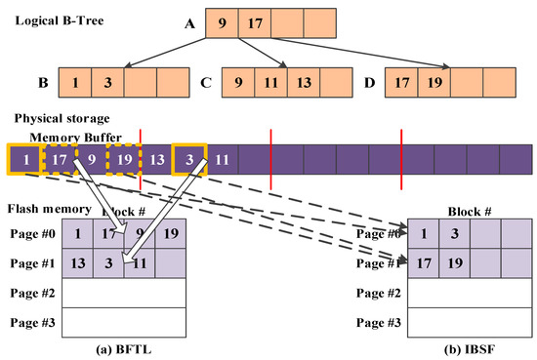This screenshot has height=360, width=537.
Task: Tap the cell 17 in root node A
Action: [255, 23]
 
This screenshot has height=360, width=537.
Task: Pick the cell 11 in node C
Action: [271, 83]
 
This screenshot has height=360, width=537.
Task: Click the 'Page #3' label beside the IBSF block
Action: [379, 321]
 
